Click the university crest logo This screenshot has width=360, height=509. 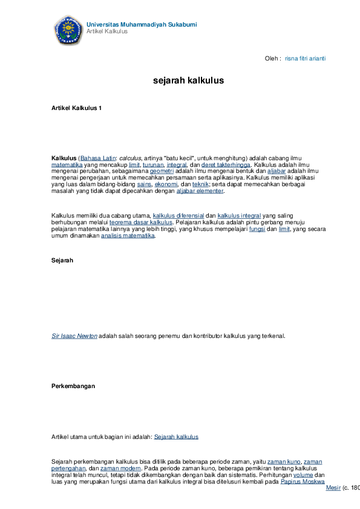[68, 30]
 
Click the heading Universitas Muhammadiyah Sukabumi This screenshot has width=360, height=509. [142, 24]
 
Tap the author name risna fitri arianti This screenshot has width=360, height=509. [305, 59]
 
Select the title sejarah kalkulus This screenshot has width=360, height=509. [188, 80]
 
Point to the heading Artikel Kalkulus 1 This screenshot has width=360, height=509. [76, 108]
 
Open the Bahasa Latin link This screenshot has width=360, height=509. [98, 158]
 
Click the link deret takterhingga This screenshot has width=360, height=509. [226, 164]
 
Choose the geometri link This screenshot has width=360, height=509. [162, 171]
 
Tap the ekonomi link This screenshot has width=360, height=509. [166, 184]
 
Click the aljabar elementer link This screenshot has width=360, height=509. [200, 191]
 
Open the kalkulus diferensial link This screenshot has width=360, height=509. [178, 216]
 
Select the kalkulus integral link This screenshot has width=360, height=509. [239, 216]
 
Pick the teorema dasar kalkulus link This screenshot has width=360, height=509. [141, 222]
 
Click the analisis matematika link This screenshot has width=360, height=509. [128, 236]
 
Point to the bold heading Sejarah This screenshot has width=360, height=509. [62, 261]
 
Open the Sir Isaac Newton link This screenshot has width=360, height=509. [74, 336]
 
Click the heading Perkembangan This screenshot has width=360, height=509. [73, 386]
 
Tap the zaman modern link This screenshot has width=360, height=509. [120, 468]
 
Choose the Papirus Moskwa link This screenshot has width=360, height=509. [303, 481]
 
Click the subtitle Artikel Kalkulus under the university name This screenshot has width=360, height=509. [107, 31]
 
